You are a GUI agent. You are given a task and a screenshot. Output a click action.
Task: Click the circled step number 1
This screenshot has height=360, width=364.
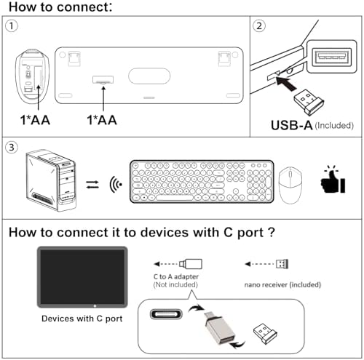12,26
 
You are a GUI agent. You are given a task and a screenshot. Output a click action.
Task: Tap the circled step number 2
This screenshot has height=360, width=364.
259,26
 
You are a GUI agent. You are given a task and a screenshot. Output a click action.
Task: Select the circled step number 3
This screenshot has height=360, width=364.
12,148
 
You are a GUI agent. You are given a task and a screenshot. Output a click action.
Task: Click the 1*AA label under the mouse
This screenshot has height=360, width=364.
35,120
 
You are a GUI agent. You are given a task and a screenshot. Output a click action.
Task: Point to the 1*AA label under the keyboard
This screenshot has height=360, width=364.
102,120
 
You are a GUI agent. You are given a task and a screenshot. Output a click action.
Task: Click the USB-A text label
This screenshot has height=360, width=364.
291,125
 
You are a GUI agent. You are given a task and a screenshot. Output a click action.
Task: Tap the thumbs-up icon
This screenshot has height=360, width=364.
333,180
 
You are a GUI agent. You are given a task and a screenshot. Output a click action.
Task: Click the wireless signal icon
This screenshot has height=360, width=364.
116,185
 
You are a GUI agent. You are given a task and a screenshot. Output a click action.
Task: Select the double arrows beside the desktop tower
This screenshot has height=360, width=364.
92,185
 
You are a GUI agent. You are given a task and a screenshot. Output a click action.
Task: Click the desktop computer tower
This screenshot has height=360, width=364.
51,180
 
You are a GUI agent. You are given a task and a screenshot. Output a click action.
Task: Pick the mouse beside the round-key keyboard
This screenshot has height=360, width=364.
290,185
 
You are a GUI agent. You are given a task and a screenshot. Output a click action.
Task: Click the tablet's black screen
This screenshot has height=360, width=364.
82,277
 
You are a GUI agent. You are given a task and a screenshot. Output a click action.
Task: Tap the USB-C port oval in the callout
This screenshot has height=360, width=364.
166,314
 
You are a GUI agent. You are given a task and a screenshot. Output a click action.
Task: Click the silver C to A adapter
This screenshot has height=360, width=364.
220,328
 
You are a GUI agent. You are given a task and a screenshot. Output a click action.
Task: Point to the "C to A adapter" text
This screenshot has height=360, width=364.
176,276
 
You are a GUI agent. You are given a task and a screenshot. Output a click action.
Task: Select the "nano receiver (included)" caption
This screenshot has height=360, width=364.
282,284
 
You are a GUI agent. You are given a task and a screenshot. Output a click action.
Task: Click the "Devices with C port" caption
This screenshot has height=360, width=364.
82,319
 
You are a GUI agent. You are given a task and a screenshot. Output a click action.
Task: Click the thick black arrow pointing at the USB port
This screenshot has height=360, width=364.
286,84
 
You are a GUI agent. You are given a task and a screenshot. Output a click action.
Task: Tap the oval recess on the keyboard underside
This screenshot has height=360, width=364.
149,76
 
